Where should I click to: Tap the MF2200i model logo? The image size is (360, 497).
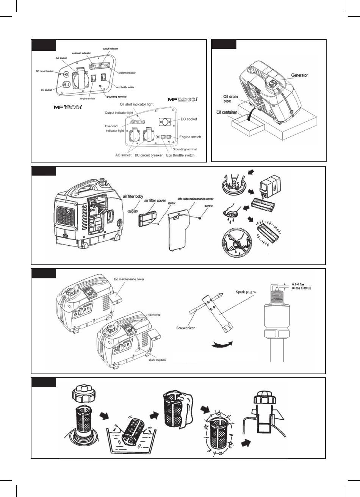pyautogui.click(x=183, y=99)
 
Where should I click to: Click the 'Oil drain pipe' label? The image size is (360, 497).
pyautogui.click(x=231, y=99)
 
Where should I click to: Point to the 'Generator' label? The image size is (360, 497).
pyautogui.click(x=299, y=75)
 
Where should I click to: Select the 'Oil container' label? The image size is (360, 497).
pyautogui.click(x=227, y=112)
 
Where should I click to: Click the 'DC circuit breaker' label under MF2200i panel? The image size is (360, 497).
pyautogui.click(x=149, y=155)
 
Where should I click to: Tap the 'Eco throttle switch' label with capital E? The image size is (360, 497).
pyautogui.click(x=180, y=155)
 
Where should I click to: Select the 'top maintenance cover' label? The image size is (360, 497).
pyautogui.click(x=129, y=279)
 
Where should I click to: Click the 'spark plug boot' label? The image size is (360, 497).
pyautogui.click(x=157, y=360)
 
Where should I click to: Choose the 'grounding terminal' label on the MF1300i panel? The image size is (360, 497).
pyautogui.click(x=116, y=97)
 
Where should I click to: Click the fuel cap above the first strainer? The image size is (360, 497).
pyautogui.click(x=83, y=395)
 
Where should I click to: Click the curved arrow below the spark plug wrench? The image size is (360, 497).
pyautogui.click(x=222, y=344)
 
